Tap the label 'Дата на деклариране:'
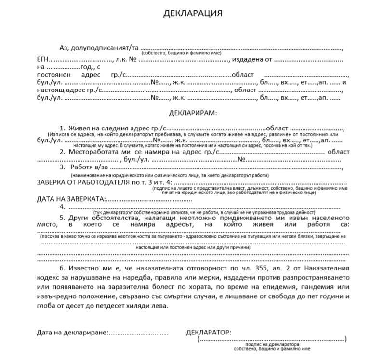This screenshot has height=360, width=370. pos(72,333)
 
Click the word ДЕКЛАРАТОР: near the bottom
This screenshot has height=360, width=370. pos(208,333)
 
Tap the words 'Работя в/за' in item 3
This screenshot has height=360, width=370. pos(89,167)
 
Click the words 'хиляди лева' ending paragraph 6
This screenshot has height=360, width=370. pos(149,306)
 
